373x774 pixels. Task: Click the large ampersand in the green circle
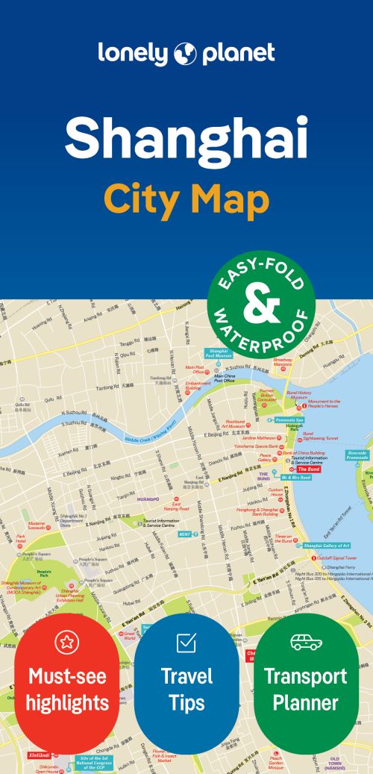[260, 307]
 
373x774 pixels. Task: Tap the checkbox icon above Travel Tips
[186, 642]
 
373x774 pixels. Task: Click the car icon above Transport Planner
[305, 641]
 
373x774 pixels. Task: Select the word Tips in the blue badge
[186, 702]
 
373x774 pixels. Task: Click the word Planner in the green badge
[305, 702]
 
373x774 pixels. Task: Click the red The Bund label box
[309, 469]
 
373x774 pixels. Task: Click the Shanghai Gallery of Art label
[327, 546]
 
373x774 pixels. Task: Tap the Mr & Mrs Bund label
[296, 476]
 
